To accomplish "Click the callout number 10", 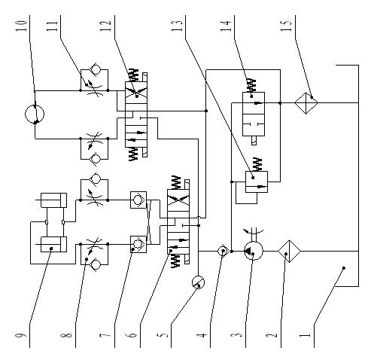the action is [x=21, y=26].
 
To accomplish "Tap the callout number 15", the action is [x=287, y=26].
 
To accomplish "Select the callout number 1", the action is [x=306, y=335].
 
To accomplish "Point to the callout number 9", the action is [x=21, y=335].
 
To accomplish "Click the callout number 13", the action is [x=177, y=26].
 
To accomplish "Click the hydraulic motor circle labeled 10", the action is [x=35, y=114].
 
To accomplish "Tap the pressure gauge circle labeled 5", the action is [x=198, y=282].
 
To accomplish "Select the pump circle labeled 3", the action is [x=254, y=251].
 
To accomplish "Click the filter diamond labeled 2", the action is [x=289, y=251].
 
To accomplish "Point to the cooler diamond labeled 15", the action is [x=306, y=103].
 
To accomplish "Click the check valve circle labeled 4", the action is [x=223, y=251].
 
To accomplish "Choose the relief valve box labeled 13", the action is [x=257, y=182].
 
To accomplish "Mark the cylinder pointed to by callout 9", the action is [x=53, y=244].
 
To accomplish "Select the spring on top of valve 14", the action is [x=251, y=85].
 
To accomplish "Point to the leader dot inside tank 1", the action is [x=344, y=268].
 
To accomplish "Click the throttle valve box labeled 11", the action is [x=94, y=80].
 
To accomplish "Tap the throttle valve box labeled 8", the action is [x=94, y=254].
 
